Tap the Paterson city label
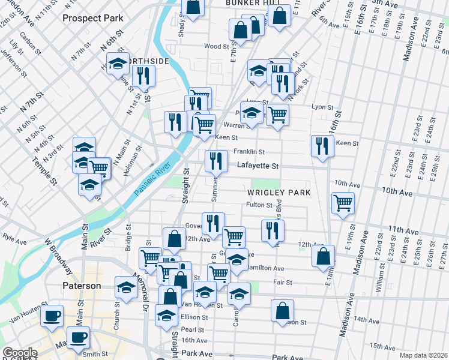click(x=82, y=286)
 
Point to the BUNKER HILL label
click(x=254, y=3)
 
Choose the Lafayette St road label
click(x=258, y=165)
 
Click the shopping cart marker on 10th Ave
click(x=343, y=203)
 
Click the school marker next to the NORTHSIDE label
click(x=118, y=63)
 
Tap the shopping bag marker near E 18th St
click(x=323, y=256)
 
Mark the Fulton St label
click(x=260, y=205)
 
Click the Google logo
click(x=20, y=353)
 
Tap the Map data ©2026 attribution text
click(x=423, y=355)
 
